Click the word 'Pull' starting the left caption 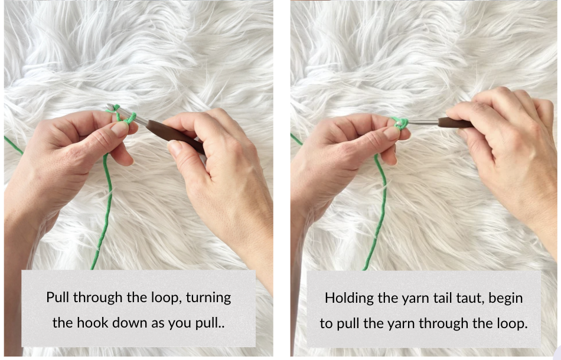pos(58,297)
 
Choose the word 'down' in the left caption pos(129,322)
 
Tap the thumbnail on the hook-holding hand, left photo pos(175,146)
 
